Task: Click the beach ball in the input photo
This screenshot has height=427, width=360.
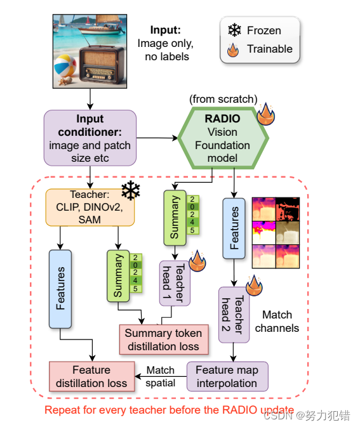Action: tap(65, 66)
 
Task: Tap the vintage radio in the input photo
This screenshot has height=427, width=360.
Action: tap(102, 65)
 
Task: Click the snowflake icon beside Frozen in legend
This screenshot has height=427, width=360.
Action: tap(234, 30)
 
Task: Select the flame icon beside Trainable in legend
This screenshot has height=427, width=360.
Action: tap(233, 50)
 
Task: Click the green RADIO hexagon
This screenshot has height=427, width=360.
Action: tap(223, 138)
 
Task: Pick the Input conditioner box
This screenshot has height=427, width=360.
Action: tap(90, 138)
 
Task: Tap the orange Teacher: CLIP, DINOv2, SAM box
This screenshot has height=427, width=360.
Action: tap(90, 207)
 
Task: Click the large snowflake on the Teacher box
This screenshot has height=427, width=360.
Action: tap(131, 190)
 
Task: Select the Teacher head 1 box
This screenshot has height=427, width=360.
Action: tap(175, 283)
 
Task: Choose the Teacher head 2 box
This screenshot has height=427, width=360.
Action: tap(234, 315)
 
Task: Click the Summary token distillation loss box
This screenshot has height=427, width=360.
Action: tap(164, 339)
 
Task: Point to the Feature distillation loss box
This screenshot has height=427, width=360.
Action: tap(92, 377)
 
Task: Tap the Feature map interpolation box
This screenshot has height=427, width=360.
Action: tap(227, 377)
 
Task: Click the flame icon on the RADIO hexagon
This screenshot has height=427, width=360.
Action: tap(266, 114)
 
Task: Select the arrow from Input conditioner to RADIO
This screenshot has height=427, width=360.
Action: tap(157, 138)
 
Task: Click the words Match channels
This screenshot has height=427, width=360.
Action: tap(277, 321)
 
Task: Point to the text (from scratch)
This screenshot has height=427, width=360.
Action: tap(223, 99)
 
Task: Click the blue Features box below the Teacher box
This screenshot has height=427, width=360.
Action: tap(60, 289)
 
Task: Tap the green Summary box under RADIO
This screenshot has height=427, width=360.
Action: tap(175, 218)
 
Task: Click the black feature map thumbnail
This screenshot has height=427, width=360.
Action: tap(288, 209)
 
